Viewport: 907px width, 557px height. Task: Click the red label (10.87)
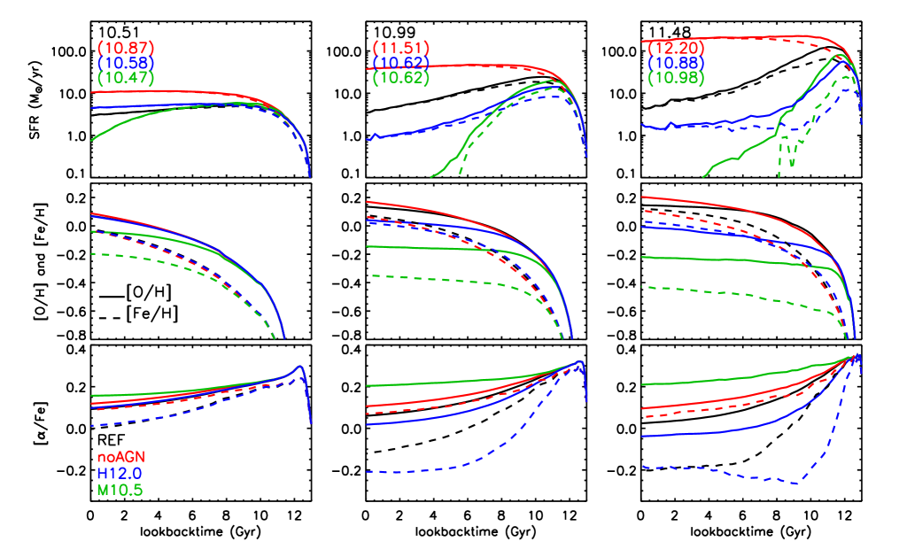click(126, 47)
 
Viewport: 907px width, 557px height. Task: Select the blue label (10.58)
click(126, 63)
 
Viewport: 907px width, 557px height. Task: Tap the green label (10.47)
click(126, 78)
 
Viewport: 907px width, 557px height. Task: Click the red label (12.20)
click(677, 47)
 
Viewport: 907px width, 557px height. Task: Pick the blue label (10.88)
click(677, 63)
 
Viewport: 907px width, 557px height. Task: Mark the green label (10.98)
click(677, 78)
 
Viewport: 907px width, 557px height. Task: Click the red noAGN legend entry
click(121, 457)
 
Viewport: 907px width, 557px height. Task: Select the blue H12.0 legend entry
click(120, 473)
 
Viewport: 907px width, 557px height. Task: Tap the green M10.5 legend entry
click(120, 489)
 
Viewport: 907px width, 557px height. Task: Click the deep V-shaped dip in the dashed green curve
click(779, 174)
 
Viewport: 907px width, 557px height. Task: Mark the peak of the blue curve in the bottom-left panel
click(299, 367)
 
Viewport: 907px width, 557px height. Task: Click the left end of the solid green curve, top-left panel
click(91, 140)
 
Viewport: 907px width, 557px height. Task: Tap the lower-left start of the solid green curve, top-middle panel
click(431, 176)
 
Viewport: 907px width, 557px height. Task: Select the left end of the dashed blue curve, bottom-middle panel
click(368, 472)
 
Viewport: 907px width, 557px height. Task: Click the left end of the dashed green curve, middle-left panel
click(91, 254)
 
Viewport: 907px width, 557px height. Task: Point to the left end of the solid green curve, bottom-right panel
click(642, 385)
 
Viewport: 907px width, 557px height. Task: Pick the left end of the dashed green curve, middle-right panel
click(642, 287)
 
